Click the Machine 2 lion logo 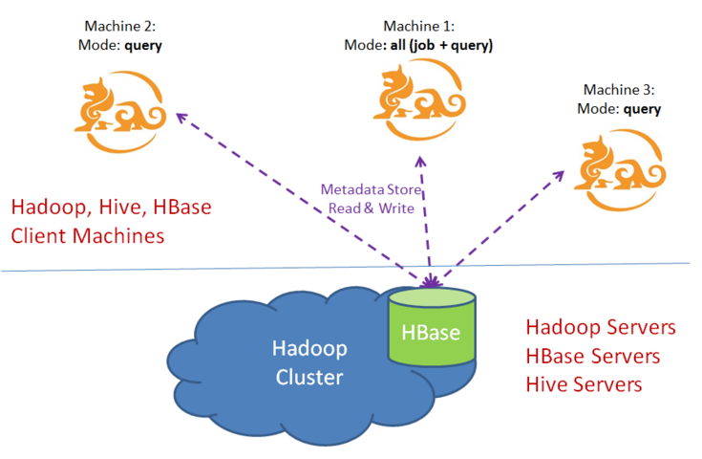coord(120,112)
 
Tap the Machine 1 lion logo coord(419,99)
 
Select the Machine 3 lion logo coord(620,170)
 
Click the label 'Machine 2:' coord(120,26)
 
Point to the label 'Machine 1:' coord(419,26)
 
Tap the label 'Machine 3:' coord(619,90)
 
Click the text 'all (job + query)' coord(441,45)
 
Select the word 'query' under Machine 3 coord(642,109)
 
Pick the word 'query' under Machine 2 coord(143,46)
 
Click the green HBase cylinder coord(432,326)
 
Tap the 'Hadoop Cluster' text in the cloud coord(309,362)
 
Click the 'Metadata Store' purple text coord(372,189)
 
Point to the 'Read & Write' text coord(372,208)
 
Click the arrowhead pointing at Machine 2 coord(181,118)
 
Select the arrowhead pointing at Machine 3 coord(559,175)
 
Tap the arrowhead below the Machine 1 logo coord(420,162)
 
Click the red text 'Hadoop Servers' coord(601,327)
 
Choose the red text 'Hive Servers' coord(584,384)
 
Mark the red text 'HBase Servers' coord(593,356)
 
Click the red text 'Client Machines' coord(88,236)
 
